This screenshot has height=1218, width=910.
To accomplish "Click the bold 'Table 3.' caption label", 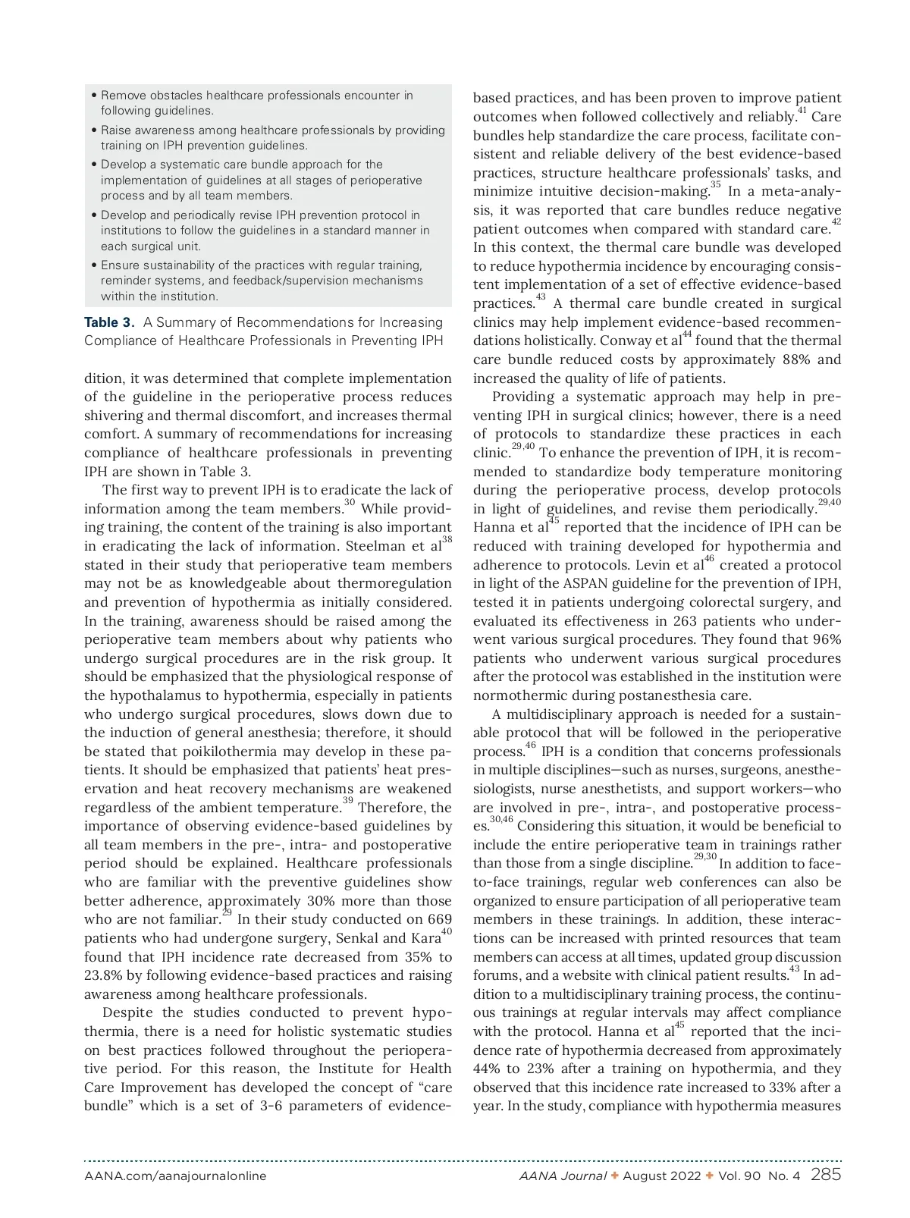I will pos(111,323).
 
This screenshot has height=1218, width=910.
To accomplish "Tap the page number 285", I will pos(826,1176).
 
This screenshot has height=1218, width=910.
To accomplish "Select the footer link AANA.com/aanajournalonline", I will pos(175,1176).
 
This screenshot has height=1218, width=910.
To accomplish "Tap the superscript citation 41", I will pos(802,111).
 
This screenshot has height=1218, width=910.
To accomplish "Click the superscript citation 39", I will pos(347,801).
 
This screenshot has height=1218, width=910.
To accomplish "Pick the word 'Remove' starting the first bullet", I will pos(124,96).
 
